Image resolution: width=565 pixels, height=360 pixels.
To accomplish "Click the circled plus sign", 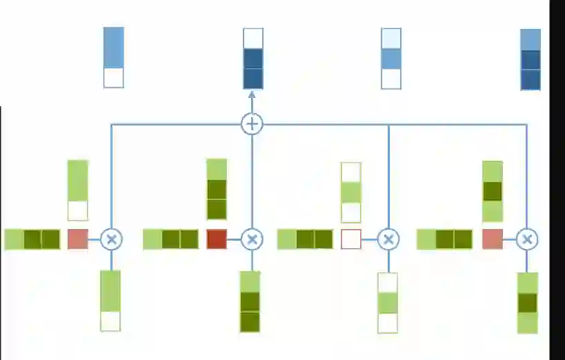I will click(252, 124).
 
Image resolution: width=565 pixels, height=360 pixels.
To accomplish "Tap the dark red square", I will click(217, 239).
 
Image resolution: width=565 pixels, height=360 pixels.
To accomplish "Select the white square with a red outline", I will click(351, 239).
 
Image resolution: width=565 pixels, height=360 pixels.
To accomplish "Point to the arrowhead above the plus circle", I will click(252, 97).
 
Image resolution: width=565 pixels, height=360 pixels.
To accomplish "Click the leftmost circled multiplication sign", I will click(111, 239).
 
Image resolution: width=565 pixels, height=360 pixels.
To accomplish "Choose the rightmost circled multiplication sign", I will click(527, 239).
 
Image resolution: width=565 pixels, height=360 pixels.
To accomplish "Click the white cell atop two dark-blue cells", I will click(253, 38).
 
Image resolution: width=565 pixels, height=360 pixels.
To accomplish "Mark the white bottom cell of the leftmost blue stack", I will click(114, 77).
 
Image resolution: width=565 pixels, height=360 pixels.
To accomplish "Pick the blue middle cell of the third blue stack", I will click(391, 58).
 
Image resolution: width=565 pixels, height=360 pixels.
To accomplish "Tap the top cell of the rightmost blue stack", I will click(531, 39).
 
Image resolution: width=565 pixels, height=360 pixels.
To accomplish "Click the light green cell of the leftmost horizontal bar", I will click(14, 239).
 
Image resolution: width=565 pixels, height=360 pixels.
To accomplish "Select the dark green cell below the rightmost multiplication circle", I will click(528, 303).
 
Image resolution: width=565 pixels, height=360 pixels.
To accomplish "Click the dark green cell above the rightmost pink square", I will click(492, 190).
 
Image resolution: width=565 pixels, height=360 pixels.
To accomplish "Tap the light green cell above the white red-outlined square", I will click(351, 192).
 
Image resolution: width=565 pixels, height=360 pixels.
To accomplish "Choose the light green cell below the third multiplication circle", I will click(388, 303).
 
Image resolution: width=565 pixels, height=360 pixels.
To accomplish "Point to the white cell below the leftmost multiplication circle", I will click(110, 321).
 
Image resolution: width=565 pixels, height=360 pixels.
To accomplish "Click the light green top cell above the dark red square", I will click(217, 170).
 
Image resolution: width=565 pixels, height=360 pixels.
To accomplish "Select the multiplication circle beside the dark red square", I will click(252, 239).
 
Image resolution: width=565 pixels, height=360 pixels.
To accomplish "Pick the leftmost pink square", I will click(77, 239).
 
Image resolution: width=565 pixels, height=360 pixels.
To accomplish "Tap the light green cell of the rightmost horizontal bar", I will click(426, 239).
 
